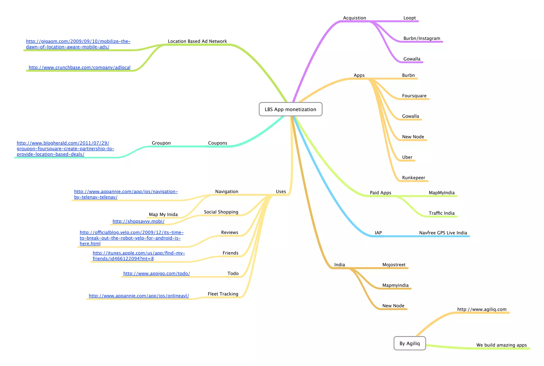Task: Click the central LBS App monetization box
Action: coord(290,109)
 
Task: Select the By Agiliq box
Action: coord(410,343)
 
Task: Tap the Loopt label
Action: coord(409,18)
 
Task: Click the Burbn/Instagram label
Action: coord(422,38)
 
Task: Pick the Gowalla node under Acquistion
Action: coord(412,59)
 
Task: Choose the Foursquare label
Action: coord(414,96)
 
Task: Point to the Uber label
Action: coord(407,157)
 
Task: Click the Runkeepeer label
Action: coord(413,178)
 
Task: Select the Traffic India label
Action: coord(441,213)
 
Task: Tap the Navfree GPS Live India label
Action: coord(443,233)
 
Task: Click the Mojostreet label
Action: coord(394,264)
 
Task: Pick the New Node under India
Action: coord(393,306)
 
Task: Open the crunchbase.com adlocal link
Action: coord(79,67)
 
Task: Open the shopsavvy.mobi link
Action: coord(138,221)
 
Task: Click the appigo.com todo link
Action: coord(156,273)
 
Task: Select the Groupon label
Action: coord(161,143)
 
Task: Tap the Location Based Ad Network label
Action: coord(197,41)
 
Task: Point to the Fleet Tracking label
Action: coord(223,294)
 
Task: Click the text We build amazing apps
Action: coord(501,345)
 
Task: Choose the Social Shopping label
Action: coord(221,212)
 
